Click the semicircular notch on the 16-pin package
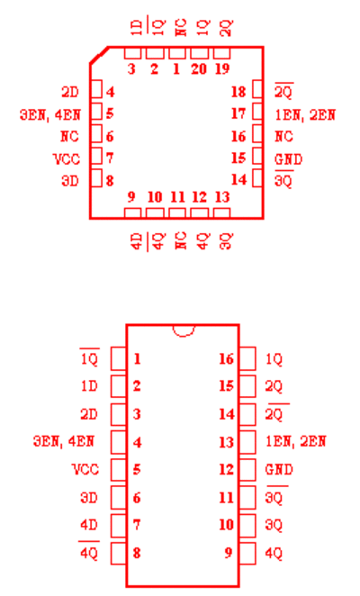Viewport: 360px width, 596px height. point(184,334)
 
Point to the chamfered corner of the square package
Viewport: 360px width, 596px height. point(99,55)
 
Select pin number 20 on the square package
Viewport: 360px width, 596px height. point(199,68)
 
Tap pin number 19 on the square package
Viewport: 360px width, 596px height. point(222,68)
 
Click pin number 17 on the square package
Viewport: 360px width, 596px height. point(238,113)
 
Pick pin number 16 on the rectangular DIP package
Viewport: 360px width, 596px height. point(226,359)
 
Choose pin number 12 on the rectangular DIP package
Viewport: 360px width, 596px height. point(226,469)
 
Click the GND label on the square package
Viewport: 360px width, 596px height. point(289,158)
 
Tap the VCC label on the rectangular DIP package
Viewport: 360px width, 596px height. point(85,469)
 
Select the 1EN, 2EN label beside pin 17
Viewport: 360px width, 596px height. point(305,114)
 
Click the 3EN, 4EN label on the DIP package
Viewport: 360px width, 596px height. point(64,441)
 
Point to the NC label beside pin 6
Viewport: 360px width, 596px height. point(69,136)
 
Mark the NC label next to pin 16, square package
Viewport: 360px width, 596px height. point(283,136)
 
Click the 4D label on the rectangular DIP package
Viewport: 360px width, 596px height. point(89,525)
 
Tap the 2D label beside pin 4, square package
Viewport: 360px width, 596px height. point(70,92)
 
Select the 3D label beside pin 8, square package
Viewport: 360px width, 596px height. point(70,181)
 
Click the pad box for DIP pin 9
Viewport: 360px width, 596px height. point(247,553)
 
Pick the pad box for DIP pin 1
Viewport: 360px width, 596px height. point(119,358)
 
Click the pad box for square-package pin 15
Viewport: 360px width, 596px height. point(257,156)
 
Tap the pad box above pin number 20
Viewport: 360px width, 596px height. point(199,53)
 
